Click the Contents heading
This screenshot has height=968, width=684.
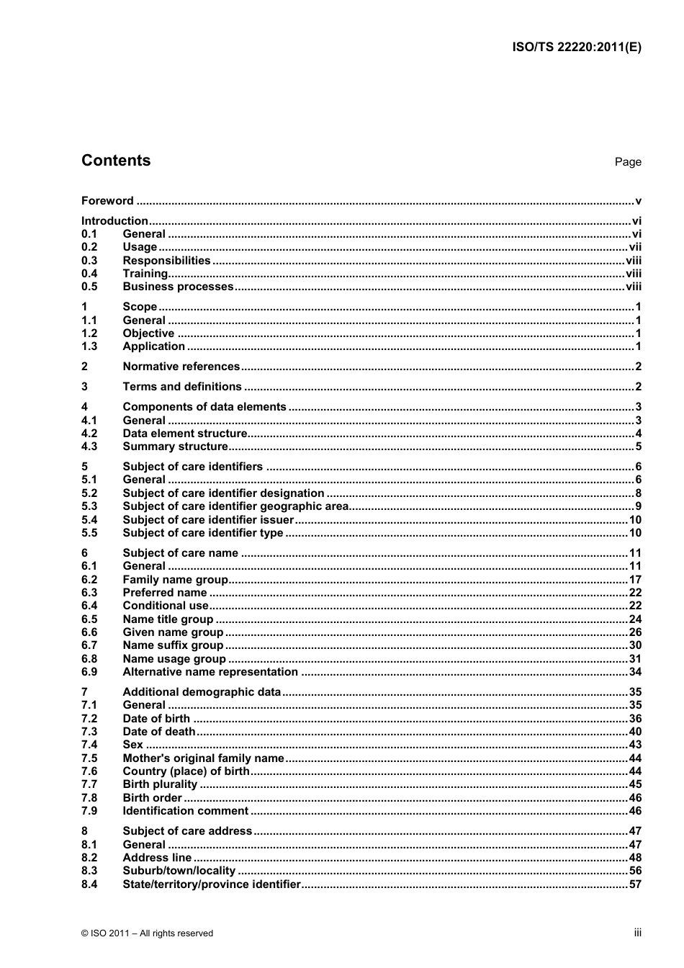click(x=116, y=161)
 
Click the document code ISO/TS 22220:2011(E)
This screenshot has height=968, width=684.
click(x=576, y=48)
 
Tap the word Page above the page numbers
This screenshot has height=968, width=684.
click(x=627, y=162)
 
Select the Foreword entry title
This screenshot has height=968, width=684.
click(x=107, y=201)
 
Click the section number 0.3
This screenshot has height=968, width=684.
click(x=89, y=261)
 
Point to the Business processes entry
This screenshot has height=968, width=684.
click(x=178, y=287)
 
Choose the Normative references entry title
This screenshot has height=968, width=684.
click(x=181, y=367)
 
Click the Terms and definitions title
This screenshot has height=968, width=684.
click(x=182, y=387)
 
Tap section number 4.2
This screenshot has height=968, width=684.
click(x=89, y=434)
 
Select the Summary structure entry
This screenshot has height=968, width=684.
click(x=175, y=447)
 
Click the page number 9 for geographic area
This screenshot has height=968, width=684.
click(x=638, y=506)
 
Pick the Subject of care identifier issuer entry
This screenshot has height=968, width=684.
click(x=208, y=520)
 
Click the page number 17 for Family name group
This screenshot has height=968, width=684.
click(x=635, y=580)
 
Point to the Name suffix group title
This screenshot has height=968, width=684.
click(x=173, y=645)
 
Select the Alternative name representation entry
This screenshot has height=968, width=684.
click(x=210, y=672)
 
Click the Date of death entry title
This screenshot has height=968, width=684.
click(x=158, y=732)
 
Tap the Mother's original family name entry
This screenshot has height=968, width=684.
click(x=203, y=758)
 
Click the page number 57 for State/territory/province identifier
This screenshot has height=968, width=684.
click(x=635, y=884)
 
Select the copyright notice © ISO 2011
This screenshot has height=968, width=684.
click(x=148, y=933)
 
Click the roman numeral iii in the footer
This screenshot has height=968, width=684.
click(x=637, y=933)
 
